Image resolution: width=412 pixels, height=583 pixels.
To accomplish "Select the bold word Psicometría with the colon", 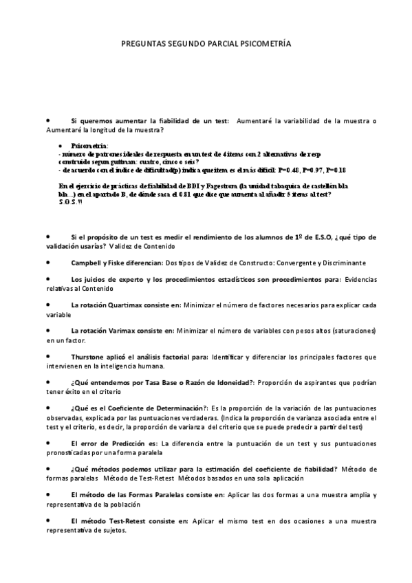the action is pyautogui.click(x=89, y=146).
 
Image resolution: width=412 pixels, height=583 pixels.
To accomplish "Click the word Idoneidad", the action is pyautogui.click(x=230, y=383).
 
